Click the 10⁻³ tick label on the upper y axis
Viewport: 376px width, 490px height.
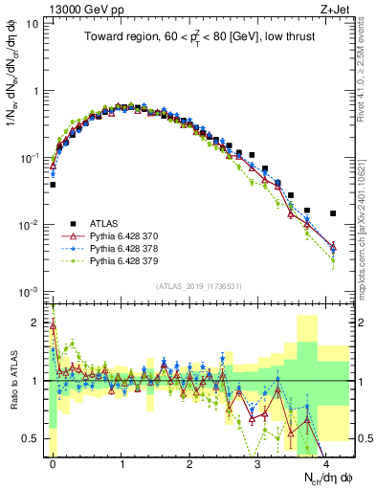30,291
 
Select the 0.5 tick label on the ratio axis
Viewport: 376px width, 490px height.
32,439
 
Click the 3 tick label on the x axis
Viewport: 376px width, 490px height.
257,463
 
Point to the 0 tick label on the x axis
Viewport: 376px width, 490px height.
53,463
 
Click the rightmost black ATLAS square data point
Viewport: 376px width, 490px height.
333,213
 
